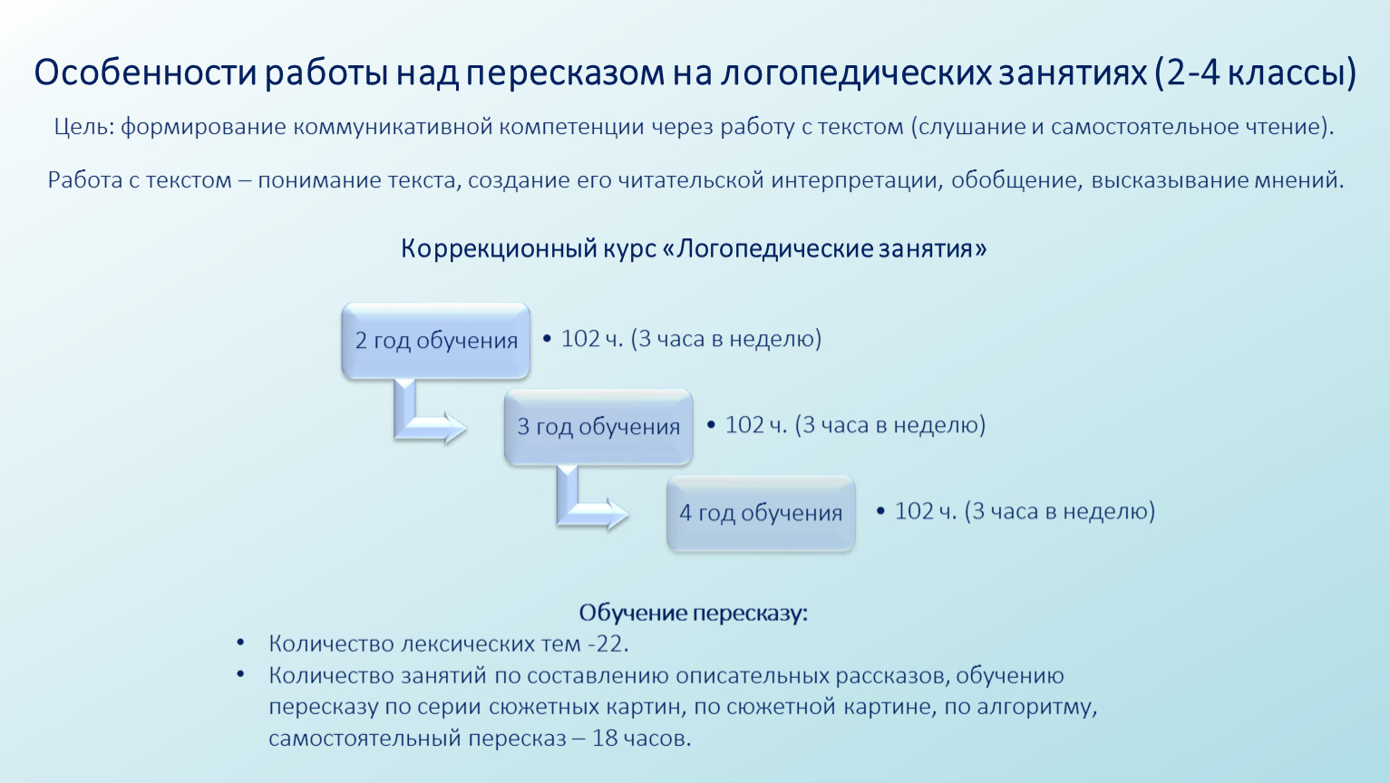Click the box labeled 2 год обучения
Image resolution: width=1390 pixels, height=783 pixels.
click(435, 341)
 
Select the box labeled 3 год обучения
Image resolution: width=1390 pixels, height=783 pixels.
click(598, 427)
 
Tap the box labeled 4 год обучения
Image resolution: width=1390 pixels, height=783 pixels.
click(761, 513)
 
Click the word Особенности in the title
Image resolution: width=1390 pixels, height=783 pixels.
click(145, 72)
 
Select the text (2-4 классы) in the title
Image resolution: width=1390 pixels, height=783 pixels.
click(1256, 72)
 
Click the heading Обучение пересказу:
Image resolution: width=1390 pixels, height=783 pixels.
click(693, 613)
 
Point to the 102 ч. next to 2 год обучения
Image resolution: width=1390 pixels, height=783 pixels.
click(591, 339)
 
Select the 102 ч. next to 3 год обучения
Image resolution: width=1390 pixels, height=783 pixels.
click(756, 425)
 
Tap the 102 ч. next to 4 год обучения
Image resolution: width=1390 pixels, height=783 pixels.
click(925, 511)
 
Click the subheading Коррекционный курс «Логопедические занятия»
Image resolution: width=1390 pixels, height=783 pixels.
click(694, 249)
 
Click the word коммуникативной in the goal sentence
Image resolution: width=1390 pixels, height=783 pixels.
click(393, 127)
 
